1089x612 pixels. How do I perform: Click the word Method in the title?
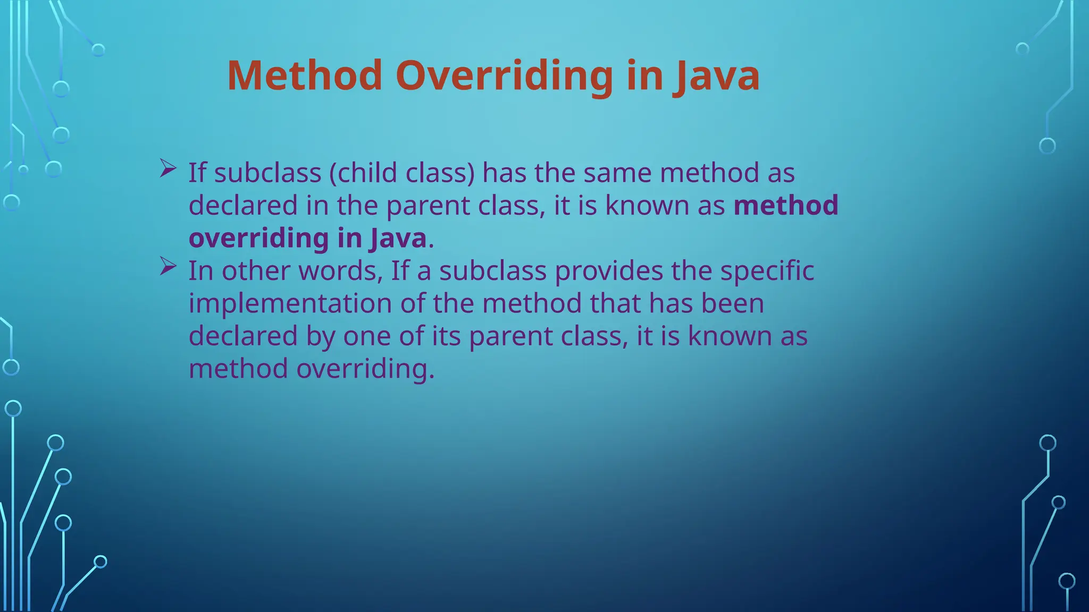(305, 75)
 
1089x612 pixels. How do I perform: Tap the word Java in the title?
(717, 75)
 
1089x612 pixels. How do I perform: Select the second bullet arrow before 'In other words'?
(167, 267)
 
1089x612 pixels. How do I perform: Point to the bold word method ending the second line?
(786, 206)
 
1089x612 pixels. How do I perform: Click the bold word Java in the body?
(398, 238)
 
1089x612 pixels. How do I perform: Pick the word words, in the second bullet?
(341, 271)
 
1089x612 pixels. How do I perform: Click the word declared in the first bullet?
(243, 206)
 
